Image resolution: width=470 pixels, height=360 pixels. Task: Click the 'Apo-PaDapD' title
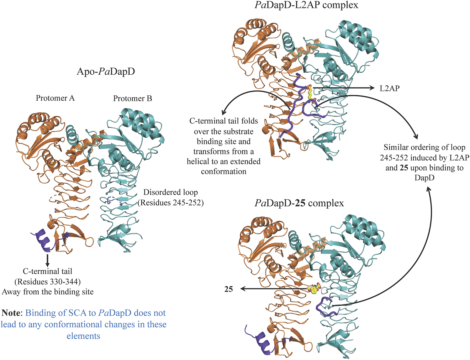click(106, 71)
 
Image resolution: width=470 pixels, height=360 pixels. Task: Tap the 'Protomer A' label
click(55, 98)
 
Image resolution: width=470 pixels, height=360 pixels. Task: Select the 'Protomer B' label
click(132, 98)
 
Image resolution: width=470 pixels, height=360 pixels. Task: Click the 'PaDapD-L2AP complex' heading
click(306, 5)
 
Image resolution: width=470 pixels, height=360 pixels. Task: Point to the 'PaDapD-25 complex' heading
click(299, 203)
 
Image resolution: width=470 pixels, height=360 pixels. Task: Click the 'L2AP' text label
click(389, 88)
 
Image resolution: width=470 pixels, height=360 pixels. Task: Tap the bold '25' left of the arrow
click(229, 289)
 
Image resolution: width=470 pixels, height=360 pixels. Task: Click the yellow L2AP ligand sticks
click(310, 93)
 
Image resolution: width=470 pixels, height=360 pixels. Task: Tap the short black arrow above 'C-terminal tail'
click(47, 261)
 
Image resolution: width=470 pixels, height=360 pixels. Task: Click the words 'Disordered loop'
click(171, 192)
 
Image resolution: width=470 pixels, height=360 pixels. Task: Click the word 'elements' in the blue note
click(83, 336)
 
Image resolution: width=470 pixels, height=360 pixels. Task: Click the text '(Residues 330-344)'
click(47, 282)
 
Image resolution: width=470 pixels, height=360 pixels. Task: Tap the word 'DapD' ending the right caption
click(424, 178)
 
